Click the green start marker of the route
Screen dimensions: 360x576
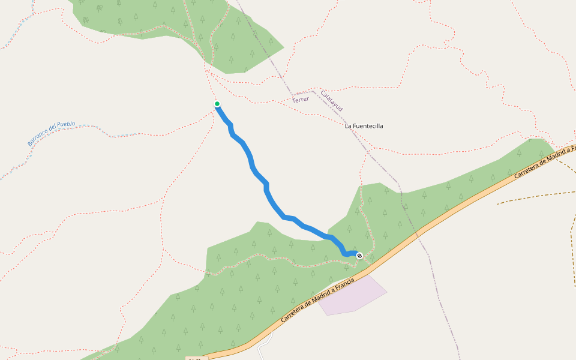pyautogui.click(x=217, y=104)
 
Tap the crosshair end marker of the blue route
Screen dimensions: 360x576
pyautogui.click(x=359, y=256)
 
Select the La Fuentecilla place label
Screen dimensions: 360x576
pyautogui.click(x=364, y=126)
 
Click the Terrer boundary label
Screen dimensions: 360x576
pyautogui.click(x=301, y=99)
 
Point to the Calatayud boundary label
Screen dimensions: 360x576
pyautogui.click(x=331, y=101)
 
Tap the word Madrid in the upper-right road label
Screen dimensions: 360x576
pyautogui.click(x=553, y=155)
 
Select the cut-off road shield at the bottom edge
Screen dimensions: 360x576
pyautogui.click(x=196, y=358)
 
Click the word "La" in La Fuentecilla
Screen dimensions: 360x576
pyautogui.click(x=348, y=126)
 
